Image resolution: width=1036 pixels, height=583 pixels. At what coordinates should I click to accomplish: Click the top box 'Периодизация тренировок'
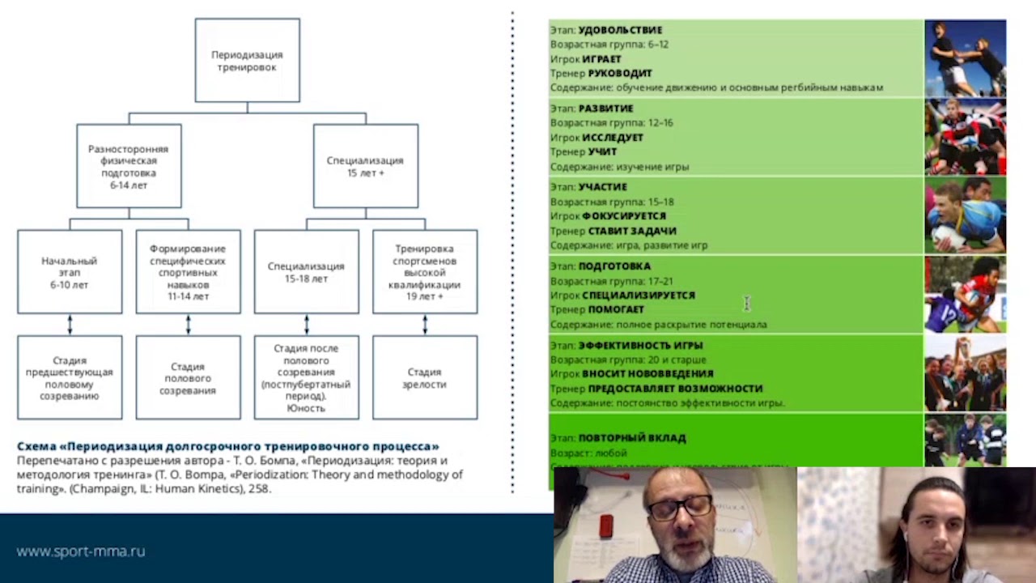247,61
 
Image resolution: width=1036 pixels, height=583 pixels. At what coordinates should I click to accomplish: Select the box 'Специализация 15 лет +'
365,166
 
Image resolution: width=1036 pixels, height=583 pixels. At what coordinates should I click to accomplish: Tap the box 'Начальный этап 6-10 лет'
70,273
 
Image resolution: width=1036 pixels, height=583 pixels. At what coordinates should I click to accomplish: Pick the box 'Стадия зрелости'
424,378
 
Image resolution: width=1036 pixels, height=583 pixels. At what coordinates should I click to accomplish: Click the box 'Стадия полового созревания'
188,378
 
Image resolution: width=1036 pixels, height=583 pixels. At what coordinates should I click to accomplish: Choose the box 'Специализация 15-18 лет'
306,272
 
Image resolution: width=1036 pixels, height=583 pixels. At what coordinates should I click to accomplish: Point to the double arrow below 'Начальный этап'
70,325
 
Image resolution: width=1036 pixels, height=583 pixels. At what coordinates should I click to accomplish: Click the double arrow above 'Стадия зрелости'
425,325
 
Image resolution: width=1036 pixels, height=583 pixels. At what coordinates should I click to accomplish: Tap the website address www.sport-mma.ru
81,551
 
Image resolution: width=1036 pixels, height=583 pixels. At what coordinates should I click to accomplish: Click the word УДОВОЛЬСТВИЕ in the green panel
620,30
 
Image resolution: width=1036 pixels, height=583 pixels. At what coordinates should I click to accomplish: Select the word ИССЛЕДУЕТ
613,138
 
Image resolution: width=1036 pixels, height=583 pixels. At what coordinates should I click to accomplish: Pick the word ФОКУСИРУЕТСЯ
624,216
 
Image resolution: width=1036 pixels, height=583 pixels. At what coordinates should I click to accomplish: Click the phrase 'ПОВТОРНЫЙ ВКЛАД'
632,438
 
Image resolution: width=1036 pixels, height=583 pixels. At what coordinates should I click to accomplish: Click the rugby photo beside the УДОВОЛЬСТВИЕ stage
965,58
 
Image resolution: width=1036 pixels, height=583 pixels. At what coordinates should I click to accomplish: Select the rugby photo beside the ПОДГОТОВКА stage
965,295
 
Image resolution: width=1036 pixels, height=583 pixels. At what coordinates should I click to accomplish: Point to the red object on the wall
605,527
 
